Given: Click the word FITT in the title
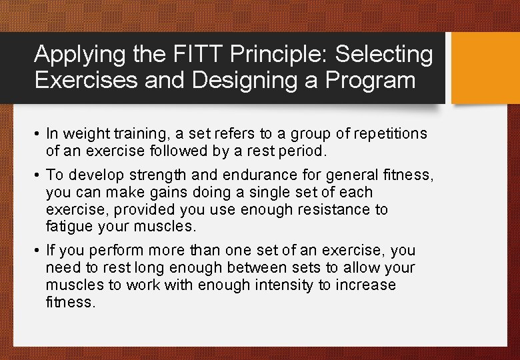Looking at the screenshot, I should [x=183, y=55].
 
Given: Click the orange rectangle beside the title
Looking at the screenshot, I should [x=485, y=68].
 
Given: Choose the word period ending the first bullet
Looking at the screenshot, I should [x=303, y=151].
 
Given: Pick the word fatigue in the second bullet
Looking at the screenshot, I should [x=69, y=227].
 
